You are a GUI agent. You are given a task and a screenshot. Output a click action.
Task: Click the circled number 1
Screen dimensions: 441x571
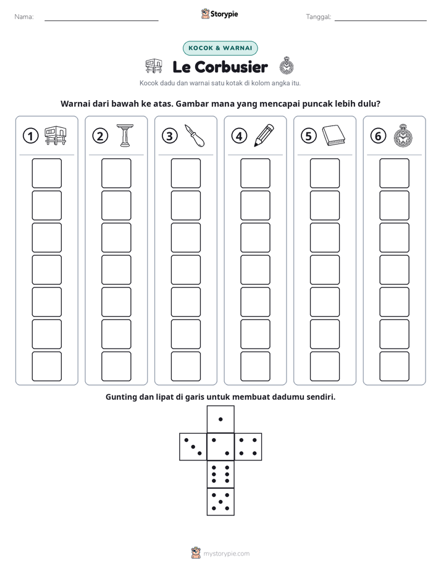[x=30, y=136]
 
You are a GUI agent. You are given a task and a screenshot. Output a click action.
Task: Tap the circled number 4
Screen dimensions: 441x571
[x=239, y=136]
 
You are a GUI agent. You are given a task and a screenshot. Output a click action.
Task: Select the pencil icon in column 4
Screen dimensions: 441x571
[x=264, y=135]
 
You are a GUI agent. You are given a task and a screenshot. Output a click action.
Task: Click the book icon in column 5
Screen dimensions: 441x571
[x=334, y=135]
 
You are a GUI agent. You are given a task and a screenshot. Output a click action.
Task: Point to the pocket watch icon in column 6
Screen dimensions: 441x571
[x=403, y=135]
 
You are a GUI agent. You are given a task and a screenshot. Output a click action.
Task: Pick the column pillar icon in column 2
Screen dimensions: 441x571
[x=125, y=135]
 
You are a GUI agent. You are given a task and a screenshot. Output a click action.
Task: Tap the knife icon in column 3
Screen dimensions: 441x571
[x=195, y=135]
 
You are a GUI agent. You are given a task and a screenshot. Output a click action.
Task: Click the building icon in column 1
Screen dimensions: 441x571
[x=56, y=135]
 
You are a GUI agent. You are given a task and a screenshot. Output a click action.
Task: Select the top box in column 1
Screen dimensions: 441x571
[x=46, y=173]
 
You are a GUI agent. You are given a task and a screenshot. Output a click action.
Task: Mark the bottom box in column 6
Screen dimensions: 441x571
[x=395, y=366]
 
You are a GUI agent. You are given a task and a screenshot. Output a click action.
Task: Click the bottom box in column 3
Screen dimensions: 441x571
[x=186, y=366]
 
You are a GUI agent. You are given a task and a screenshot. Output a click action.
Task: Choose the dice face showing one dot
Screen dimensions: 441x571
[x=220, y=419]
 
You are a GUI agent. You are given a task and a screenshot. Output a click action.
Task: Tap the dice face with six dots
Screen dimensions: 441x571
[x=220, y=474]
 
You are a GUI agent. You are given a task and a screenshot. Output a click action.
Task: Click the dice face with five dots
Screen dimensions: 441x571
[x=220, y=502]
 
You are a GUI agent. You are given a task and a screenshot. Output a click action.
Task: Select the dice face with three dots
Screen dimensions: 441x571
[x=193, y=447]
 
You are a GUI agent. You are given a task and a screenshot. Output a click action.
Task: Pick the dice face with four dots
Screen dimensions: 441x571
[x=248, y=447]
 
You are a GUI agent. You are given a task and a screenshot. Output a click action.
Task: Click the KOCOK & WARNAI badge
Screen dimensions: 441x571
[x=220, y=48]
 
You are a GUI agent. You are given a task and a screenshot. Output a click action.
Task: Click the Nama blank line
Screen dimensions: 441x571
[x=101, y=21]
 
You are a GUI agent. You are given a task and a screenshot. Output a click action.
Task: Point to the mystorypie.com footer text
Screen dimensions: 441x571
[x=226, y=554]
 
